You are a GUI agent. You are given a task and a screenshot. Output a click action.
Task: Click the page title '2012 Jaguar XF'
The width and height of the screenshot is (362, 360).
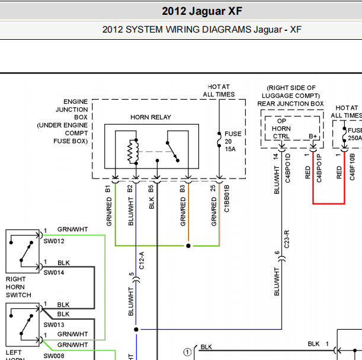(202, 11)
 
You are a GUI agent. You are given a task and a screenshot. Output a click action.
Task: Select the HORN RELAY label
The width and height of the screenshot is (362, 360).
(150, 117)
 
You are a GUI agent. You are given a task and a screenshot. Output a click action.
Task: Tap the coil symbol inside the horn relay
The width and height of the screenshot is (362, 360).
(133, 152)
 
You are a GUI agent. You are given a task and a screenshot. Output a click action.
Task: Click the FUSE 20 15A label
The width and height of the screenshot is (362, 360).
(233, 141)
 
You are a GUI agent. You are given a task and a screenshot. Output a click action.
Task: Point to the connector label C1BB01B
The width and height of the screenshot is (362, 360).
(227, 199)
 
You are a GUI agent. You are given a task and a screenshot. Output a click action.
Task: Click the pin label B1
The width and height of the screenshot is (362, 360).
(108, 189)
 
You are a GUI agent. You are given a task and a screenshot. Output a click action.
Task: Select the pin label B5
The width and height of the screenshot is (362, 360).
(150, 189)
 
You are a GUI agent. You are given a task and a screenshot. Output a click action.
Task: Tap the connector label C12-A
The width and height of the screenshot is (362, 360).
(142, 260)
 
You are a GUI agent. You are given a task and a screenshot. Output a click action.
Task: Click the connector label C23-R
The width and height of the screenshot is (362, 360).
(287, 239)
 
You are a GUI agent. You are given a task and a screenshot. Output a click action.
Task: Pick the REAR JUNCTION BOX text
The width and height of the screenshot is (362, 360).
(290, 104)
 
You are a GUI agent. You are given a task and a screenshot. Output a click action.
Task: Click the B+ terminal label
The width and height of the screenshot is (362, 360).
(313, 136)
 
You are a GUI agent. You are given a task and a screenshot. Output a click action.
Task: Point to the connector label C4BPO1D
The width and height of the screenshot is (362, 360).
(288, 168)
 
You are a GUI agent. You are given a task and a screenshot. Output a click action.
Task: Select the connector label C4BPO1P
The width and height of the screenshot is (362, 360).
(319, 168)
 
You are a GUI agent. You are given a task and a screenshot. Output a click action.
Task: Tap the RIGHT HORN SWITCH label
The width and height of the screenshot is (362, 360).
(18, 287)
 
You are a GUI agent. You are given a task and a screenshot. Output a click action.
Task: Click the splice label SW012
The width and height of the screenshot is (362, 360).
(54, 241)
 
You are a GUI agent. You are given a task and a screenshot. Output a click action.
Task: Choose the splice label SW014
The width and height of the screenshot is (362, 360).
(54, 273)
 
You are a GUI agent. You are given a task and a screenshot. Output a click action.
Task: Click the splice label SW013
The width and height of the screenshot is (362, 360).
(54, 325)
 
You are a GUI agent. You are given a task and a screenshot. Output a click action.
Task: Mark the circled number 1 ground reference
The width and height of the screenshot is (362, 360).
(187, 352)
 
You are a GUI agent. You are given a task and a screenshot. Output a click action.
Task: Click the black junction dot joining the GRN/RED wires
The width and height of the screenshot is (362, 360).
(188, 246)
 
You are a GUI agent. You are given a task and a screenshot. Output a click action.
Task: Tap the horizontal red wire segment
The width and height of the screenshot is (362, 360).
(329, 203)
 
